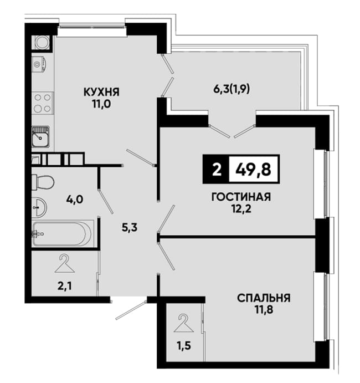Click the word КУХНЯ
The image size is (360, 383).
[x=101, y=93]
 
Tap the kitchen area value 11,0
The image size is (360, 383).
[x=101, y=104]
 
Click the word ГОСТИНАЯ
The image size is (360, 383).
[x=241, y=197]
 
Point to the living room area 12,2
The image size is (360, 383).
[x=241, y=209]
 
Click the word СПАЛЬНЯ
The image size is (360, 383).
[x=264, y=298]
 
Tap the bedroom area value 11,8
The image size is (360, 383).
[x=264, y=310]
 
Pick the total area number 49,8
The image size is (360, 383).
[x=253, y=169]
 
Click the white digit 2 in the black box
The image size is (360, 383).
[x=217, y=169]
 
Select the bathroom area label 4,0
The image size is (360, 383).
[x=75, y=200]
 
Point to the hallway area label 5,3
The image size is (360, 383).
[x=130, y=228]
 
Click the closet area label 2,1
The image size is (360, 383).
[x=64, y=286]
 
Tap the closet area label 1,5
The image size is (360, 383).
[x=184, y=346]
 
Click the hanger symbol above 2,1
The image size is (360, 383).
[x=64, y=263]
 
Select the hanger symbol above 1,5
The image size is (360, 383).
[x=184, y=323]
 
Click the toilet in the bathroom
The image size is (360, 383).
[x=43, y=182]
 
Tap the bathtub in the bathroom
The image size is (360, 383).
[x=63, y=234]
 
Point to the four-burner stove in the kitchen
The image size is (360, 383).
[x=42, y=103]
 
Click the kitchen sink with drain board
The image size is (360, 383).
[x=40, y=136]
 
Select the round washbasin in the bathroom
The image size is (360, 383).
[x=39, y=207]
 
